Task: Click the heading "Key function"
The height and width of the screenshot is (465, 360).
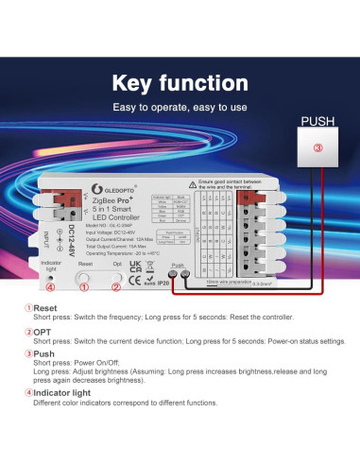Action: point(180,83)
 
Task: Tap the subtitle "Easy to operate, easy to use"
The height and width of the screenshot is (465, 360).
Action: point(180,107)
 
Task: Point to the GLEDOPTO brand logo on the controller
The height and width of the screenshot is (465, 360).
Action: point(118,187)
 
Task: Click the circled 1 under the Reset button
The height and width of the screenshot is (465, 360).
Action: point(82,287)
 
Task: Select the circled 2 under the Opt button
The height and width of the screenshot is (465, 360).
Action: point(116,287)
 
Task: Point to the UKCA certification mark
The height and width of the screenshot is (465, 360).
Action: point(135,268)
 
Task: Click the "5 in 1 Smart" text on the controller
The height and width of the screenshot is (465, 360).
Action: point(116,211)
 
